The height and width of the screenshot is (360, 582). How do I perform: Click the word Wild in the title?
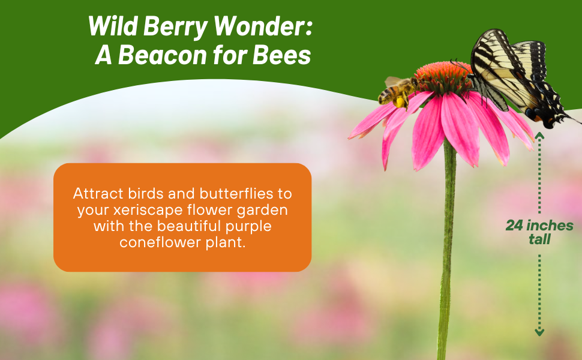click(112, 26)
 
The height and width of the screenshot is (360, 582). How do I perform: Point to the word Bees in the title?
click(282, 55)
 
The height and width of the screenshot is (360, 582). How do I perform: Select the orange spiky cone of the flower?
click(443, 76)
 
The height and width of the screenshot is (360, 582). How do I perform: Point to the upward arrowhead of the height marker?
click(539, 136)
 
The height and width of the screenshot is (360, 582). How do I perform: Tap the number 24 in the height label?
click(514, 226)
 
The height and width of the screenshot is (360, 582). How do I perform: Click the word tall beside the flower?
click(539, 239)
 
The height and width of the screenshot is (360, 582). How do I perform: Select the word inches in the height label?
click(550, 225)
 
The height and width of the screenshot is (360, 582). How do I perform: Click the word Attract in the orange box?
click(98, 194)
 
